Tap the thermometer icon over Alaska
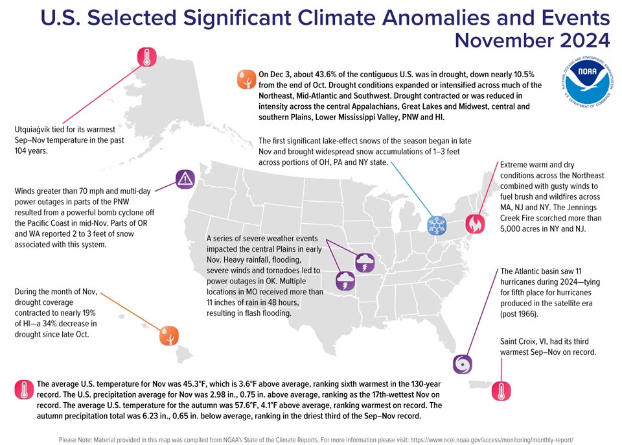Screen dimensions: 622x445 pos(147,57)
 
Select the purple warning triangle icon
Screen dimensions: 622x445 pos(185,179)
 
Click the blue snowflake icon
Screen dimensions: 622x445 pos(437,225)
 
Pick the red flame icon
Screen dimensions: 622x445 pos(475,224)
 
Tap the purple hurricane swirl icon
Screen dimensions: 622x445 pos(463,364)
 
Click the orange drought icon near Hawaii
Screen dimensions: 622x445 pos(169,336)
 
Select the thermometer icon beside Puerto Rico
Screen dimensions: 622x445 pos(501,391)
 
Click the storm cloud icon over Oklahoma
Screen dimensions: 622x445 pos(345,281)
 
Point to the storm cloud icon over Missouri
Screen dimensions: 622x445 pos(365,263)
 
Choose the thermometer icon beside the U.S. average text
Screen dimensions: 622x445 pos(24,389)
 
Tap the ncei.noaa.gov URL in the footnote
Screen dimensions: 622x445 pos(492,440)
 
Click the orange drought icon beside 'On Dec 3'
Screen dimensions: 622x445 pos(246,79)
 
